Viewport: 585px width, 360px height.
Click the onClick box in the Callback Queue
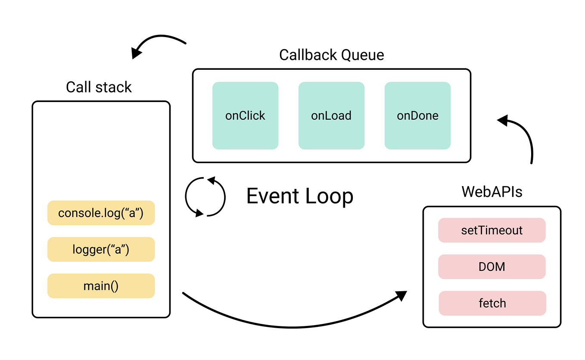point(245,115)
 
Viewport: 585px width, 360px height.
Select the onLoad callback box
point(331,115)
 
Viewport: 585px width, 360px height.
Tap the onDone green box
point(417,115)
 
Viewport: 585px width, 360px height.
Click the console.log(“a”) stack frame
point(101,213)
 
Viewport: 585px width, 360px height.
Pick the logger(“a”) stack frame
point(101,249)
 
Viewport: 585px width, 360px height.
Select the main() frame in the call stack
point(101,286)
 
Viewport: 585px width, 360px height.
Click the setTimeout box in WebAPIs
point(492,230)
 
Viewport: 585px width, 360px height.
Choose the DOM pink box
point(492,267)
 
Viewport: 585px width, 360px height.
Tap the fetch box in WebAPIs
point(492,303)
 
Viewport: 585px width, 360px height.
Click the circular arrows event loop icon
point(205,196)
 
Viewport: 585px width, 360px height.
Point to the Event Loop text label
point(300,196)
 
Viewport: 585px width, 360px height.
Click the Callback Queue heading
point(331,55)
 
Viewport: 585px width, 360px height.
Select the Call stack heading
point(99,87)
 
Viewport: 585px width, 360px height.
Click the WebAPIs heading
point(492,192)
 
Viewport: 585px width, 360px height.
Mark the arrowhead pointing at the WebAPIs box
point(401,295)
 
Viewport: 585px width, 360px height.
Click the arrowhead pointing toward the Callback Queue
point(503,120)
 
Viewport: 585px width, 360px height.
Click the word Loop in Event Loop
point(330,196)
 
